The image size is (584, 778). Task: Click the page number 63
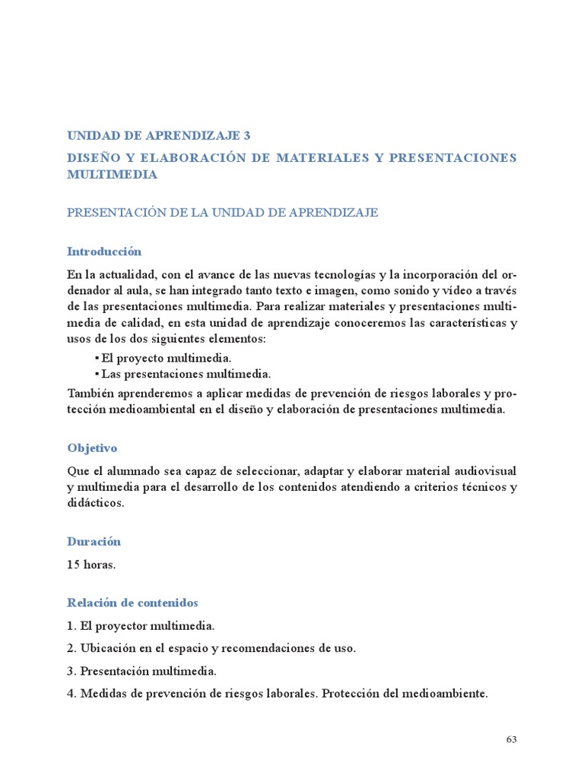(x=511, y=740)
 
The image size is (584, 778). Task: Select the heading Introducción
(x=104, y=251)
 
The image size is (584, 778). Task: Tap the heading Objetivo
(x=92, y=448)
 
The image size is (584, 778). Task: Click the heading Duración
(x=94, y=542)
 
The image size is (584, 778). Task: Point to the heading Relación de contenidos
(x=132, y=602)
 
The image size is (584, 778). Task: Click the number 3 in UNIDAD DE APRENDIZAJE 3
(x=246, y=136)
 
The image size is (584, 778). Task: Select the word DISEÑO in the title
(x=92, y=158)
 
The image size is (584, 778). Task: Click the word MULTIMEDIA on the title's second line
(x=113, y=175)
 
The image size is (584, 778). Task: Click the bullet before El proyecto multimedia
(x=97, y=357)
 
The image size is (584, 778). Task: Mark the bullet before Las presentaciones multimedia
(x=97, y=374)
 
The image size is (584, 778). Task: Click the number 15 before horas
(x=74, y=565)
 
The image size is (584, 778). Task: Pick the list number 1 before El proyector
(x=71, y=626)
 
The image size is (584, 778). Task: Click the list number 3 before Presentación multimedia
(x=71, y=671)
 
